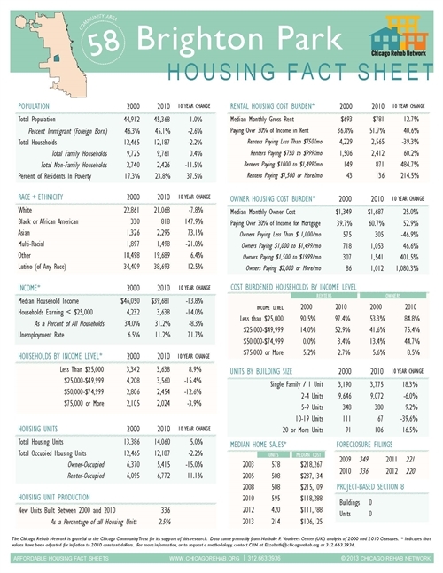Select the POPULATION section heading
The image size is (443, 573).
[38, 105]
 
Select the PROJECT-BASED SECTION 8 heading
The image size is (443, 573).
[374, 486]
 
